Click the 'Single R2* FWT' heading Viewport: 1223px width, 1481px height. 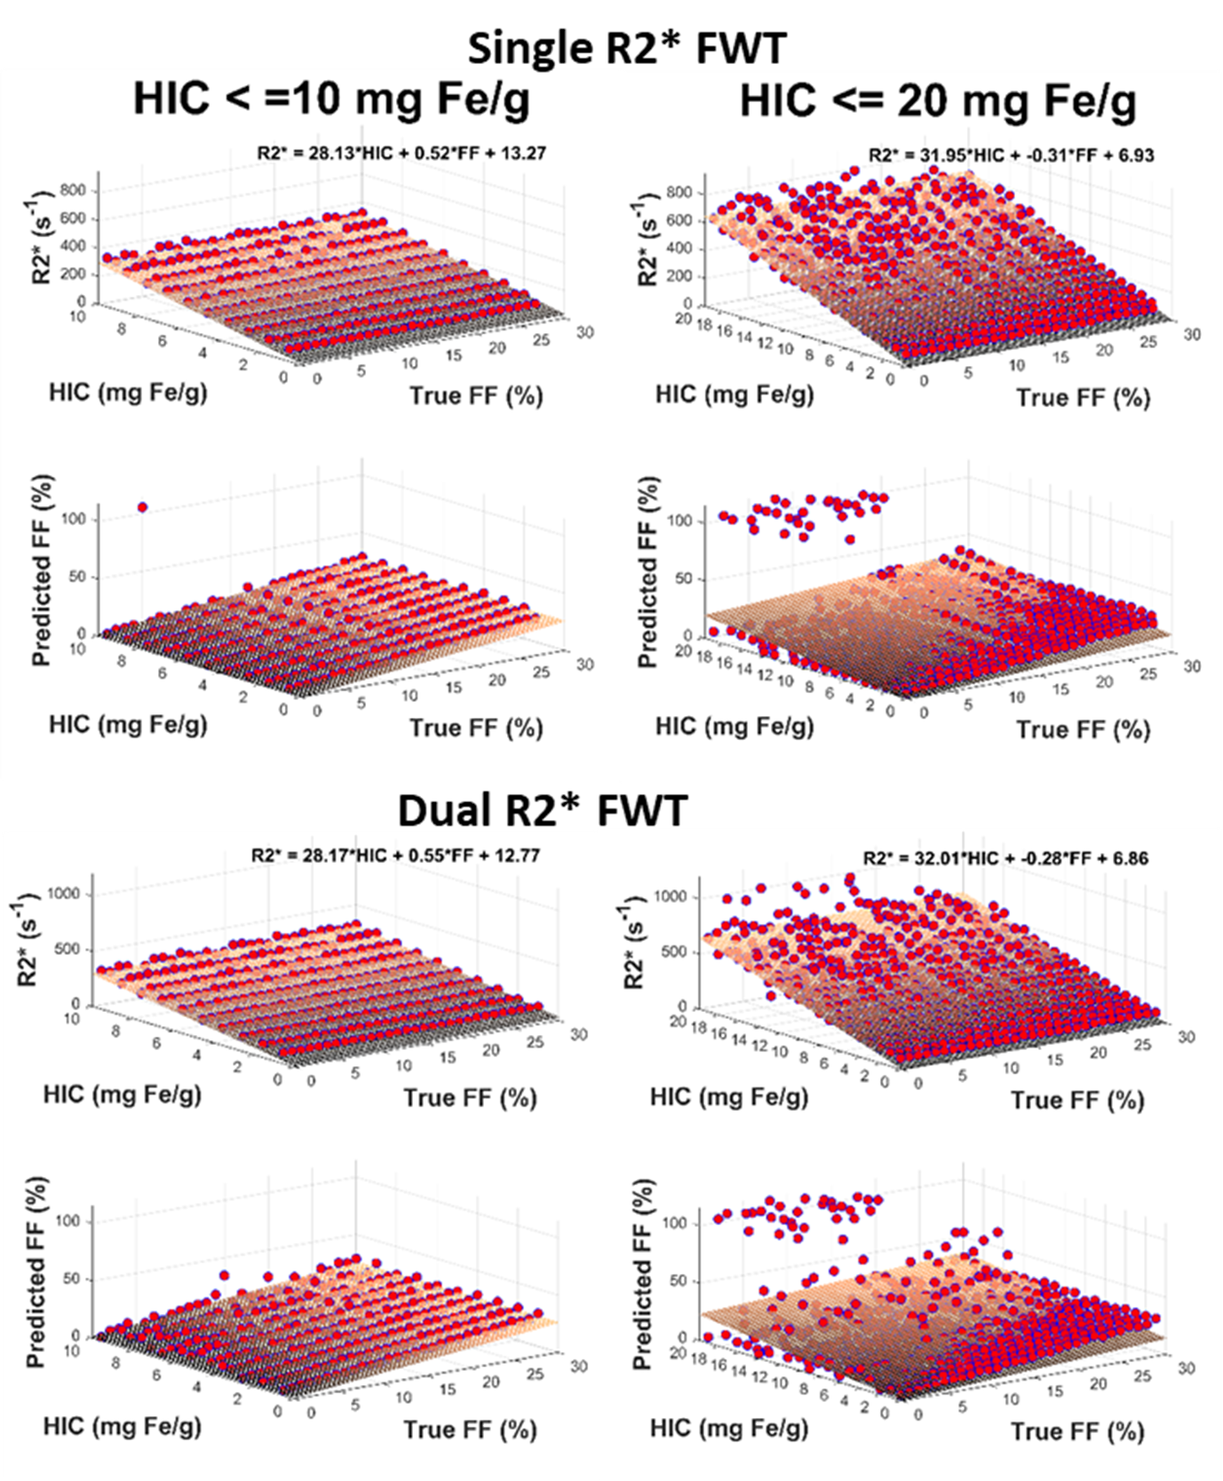pyautogui.click(x=627, y=48)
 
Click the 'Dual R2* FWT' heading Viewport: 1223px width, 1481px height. pyautogui.click(x=542, y=810)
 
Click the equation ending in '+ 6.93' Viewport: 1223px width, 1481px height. pyautogui.click(x=1011, y=155)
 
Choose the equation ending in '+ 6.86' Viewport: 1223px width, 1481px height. pyautogui.click(x=1005, y=858)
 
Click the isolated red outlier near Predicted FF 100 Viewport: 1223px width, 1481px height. pyautogui.click(x=142, y=507)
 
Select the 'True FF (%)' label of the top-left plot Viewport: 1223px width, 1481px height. pyautogui.click(x=475, y=395)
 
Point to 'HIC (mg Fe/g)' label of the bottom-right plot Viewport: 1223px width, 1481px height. pyautogui.click(x=728, y=1428)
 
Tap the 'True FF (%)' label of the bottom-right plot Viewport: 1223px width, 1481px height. pyautogui.click(x=1077, y=1431)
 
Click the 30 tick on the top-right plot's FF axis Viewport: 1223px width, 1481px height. pyautogui.click(x=1191, y=334)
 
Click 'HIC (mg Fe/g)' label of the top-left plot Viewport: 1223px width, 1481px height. pyautogui.click(x=128, y=392)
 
